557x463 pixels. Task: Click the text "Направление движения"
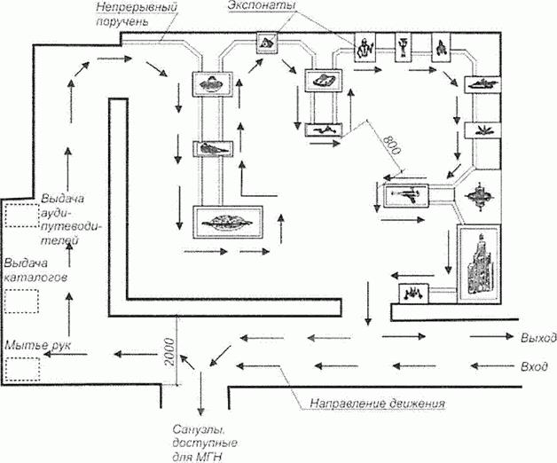377,404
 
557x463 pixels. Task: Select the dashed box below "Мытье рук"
22,369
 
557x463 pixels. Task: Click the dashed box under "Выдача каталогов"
22,302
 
